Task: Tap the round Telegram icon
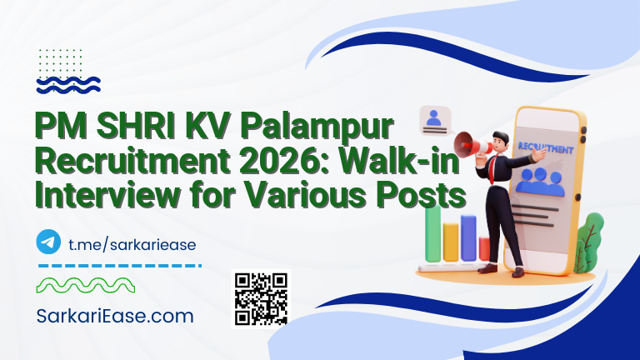[x=49, y=242]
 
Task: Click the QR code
[x=261, y=298]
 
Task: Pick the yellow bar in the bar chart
[x=451, y=242]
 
